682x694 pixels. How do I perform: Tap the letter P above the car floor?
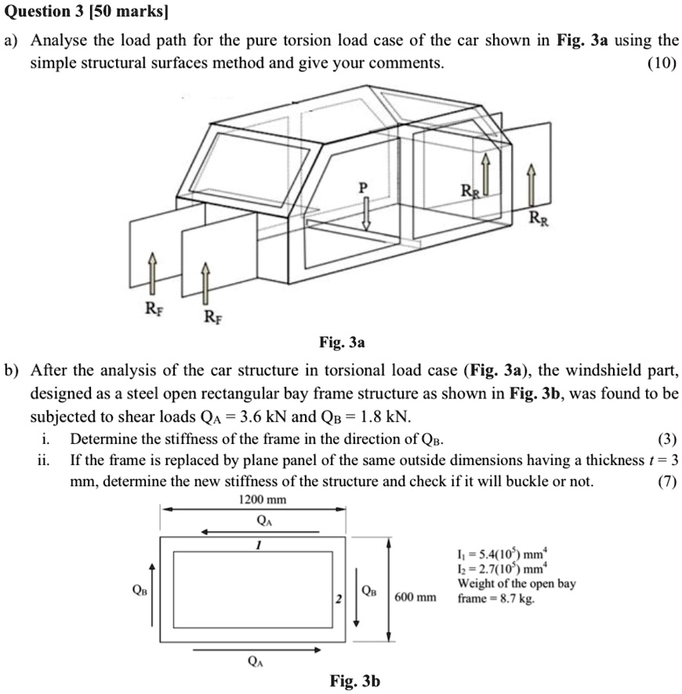pos(362,188)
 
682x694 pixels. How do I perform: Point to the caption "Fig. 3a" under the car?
pos(342,343)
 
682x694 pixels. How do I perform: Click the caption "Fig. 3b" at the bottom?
pos(355,681)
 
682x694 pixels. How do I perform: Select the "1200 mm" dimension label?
pos(261,500)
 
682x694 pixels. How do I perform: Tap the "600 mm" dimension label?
pos(415,598)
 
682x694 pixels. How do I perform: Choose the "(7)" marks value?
pos(666,481)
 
